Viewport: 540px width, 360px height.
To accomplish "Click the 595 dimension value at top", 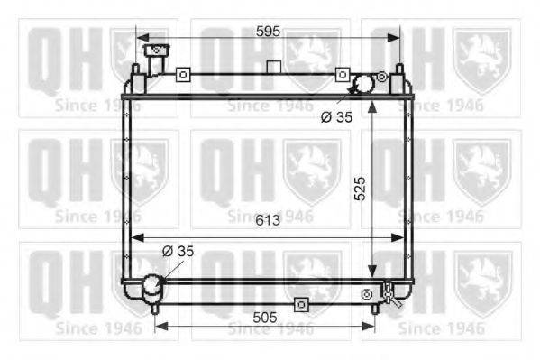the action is pos(269,32).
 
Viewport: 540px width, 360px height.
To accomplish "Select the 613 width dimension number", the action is pos(268,220).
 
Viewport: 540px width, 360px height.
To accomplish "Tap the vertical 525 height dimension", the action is pos(360,189).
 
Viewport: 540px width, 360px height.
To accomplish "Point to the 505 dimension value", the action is pos(264,318).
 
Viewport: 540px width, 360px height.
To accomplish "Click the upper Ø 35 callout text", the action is pos(336,117).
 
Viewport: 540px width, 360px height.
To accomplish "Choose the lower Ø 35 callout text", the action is pos(178,251).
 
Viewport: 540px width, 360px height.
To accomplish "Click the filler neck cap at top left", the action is pos(156,50).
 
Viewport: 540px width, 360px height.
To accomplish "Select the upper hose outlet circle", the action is pos(363,83).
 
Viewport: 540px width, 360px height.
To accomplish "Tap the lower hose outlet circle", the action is pos(152,284).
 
